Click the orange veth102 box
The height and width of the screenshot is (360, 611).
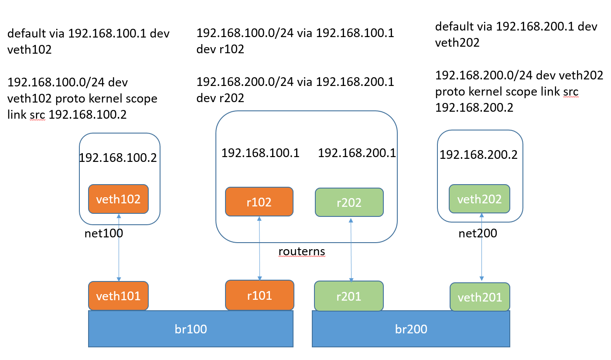pos(118,199)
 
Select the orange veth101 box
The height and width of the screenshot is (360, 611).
pos(118,296)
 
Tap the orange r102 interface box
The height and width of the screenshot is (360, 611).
pos(259,202)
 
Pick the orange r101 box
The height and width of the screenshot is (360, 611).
pos(259,295)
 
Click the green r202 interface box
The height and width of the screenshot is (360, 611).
pos(349,202)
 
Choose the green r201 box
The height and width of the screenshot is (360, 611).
pos(349,296)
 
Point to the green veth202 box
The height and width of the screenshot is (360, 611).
pos(480,199)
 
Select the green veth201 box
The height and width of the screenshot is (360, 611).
pos(480,297)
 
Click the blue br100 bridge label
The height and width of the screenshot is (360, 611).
pos(191,329)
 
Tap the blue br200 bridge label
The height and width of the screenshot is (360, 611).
pos(411,329)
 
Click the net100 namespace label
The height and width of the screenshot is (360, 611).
pos(104,233)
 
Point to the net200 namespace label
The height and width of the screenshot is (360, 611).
pos(478,233)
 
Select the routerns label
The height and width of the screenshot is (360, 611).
pos(302,251)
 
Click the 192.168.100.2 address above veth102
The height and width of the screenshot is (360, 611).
pos(118,158)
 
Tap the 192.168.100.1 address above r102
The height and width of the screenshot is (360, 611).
pos(260,153)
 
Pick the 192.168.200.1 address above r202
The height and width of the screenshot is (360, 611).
pos(357,153)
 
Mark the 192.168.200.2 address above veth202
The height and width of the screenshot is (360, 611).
pos(478,155)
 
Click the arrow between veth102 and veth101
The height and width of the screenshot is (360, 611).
pos(119,247)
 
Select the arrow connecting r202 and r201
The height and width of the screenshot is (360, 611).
pos(351,250)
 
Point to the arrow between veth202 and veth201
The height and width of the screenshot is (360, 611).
pos(482,247)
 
